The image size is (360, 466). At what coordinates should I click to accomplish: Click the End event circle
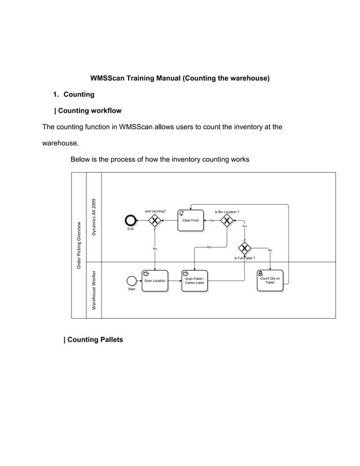point(131,220)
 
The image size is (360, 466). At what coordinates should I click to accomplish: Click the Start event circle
point(132,280)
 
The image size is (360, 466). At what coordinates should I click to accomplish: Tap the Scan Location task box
point(155,280)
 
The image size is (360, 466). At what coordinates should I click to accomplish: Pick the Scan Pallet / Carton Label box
point(195,280)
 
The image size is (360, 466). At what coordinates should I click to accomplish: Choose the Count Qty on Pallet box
point(270,280)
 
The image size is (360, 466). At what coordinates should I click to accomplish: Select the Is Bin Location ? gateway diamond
point(227,220)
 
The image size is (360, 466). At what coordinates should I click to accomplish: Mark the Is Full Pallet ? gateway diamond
point(245,248)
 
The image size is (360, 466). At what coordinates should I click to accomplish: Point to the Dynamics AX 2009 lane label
point(95,217)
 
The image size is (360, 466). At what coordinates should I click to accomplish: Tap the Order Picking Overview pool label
point(80,245)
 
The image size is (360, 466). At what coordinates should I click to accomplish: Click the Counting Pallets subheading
point(93,340)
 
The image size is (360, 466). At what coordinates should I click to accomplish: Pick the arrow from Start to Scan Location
point(139,280)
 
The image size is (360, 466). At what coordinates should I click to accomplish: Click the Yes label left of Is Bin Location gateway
point(212,221)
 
